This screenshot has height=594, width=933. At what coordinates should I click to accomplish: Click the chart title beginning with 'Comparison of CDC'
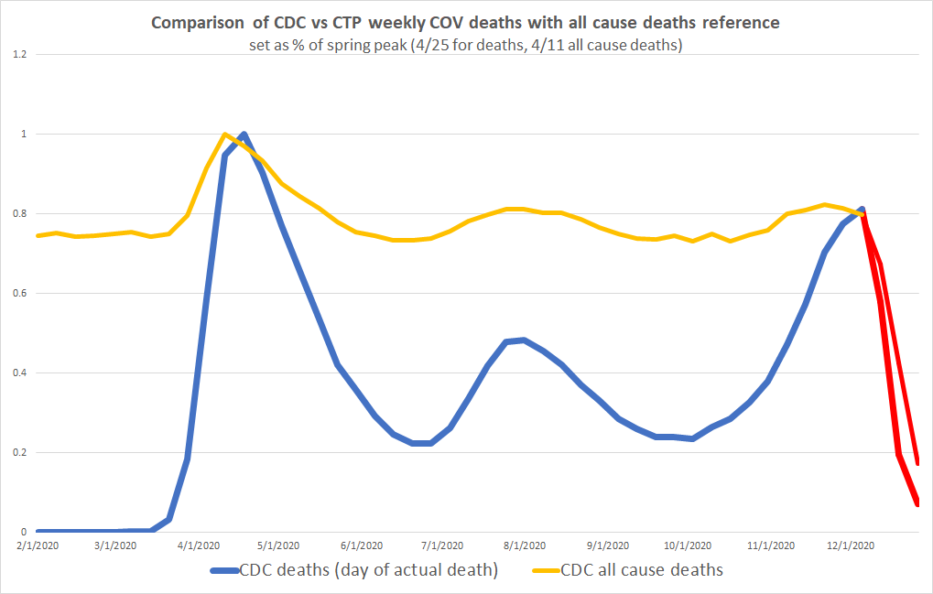point(466,23)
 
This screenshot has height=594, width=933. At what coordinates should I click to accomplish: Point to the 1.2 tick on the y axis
point(18,55)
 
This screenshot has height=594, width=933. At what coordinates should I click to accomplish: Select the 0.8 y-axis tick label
point(18,214)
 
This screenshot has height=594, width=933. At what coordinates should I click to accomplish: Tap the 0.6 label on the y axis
point(18,294)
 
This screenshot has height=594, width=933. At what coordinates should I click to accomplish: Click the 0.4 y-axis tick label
point(18,373)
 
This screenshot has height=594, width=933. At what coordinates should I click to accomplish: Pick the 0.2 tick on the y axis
point(18,453)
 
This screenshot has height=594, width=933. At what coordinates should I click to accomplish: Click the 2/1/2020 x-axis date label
point(38,545)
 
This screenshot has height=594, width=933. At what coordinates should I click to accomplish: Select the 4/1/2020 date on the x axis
point(199,545)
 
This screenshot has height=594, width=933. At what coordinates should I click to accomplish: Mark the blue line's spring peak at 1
point(243,135)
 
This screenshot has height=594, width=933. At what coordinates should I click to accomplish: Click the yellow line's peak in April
point(224,135)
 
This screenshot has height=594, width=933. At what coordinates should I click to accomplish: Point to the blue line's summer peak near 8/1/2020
point(522,340)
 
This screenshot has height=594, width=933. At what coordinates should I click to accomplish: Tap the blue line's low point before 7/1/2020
point(421,443)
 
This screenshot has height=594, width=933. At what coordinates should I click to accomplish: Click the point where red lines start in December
point(862,211)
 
